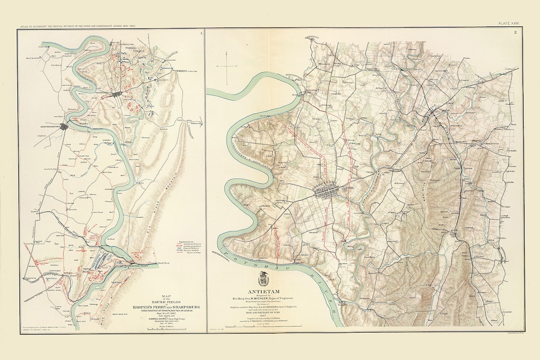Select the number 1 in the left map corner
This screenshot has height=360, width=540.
pos(200,33)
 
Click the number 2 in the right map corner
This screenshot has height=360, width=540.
pos(529,33)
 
